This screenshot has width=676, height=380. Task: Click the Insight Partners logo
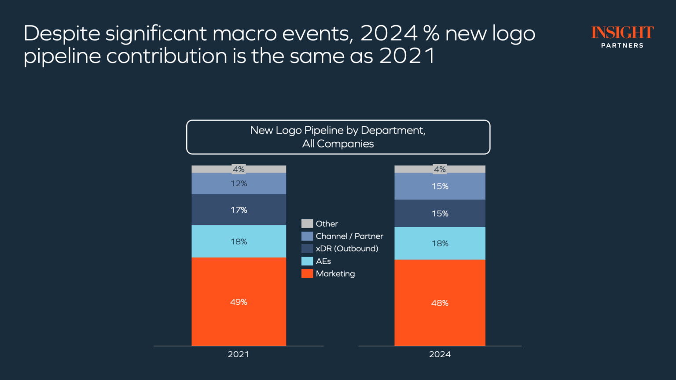(622, 37)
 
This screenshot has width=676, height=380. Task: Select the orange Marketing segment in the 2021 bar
(239, 302)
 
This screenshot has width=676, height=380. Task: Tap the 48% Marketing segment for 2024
(440, 303)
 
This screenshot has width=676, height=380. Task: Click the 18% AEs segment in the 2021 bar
(239, 241)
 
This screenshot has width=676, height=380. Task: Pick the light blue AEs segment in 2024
(440, 243)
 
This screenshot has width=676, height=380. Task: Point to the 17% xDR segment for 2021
(239, 210)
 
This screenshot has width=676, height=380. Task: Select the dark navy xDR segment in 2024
(440, 214)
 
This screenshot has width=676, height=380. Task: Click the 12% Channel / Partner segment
(239, 183)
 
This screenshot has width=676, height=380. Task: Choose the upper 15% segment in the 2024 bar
(440, 186)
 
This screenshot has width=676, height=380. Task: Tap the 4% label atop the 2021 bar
(239, 169)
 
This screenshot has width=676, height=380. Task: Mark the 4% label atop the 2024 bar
(440, 169)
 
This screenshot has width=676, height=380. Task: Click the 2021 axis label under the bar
(239, 354)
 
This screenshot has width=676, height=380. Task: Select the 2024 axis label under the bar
(440, 354)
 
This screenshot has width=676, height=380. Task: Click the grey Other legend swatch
(307, 224)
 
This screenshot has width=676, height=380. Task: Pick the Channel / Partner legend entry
(349, 236)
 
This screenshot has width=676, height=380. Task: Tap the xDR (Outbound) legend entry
(347, 248)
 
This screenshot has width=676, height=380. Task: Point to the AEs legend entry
(323, 261)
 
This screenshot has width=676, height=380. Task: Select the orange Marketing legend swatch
(307, 273)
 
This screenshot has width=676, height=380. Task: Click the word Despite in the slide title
(62, 34)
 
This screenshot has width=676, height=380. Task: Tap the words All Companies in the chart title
(338, 144)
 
